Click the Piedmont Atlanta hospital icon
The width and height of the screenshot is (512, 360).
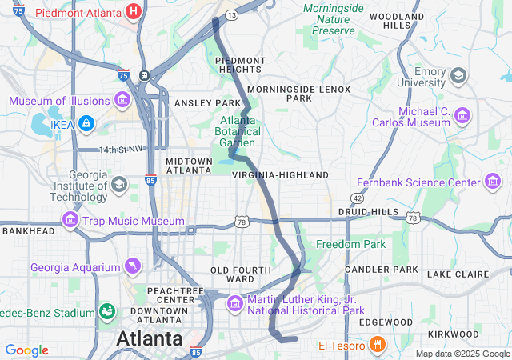(x=134, y=12)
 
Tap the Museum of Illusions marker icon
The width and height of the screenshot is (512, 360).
(x=122, y=100)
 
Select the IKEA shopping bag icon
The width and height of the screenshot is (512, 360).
(x=86, y=124)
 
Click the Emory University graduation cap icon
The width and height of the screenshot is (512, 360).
(x=458, y=76)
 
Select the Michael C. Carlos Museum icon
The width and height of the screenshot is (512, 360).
(x=462, y=117)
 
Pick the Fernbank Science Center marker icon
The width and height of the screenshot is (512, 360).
(x=494, y=182)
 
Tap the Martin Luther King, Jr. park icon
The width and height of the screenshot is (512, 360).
(x=234, y=304)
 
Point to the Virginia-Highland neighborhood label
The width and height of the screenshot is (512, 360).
(x=281, y=174)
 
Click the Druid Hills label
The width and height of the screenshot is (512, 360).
(x=368, y=211)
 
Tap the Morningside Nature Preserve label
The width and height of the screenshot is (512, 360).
(x=334, y=19)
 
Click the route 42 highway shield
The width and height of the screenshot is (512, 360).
(x=357, y=198)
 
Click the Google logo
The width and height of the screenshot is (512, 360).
(x=26, y=350)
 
